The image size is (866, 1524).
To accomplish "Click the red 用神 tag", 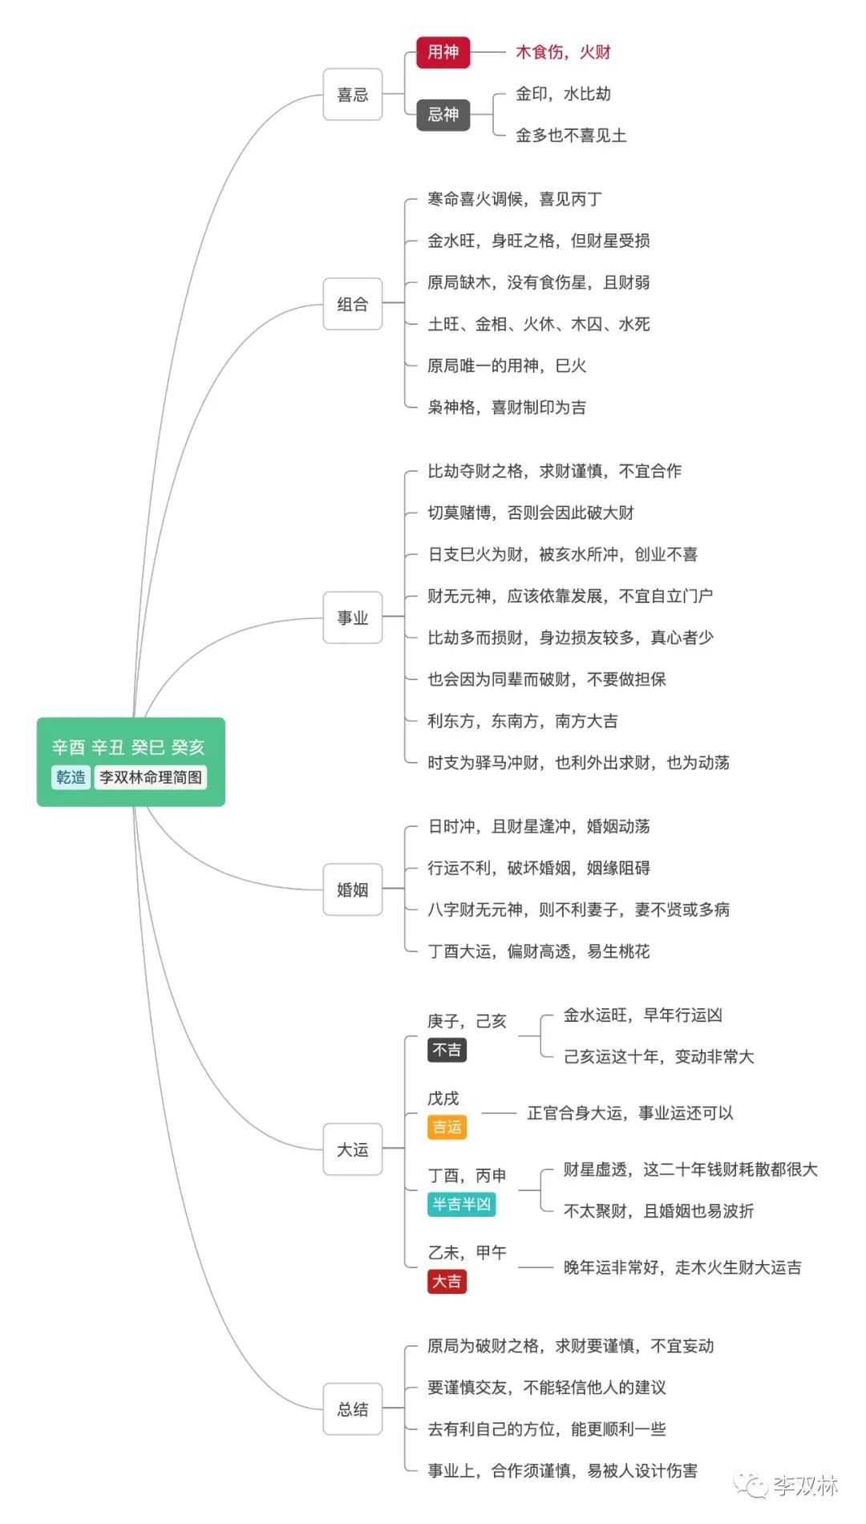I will click(x=443, y=52).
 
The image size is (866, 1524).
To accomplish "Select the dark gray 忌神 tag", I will click(x=443, y=115).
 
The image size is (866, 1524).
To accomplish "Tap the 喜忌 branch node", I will click(x=352, y=95).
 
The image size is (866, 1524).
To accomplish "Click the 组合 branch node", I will click(x=352, y=304).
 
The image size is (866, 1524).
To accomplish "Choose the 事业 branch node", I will click(x=352, y=618).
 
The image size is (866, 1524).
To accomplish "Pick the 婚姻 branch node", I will click(x=352, y=890).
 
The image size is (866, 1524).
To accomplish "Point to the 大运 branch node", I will click(x=352, y=1149).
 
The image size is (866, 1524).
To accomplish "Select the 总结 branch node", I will click(x=352, y=1409).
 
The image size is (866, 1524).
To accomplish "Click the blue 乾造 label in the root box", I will click(x=71, y=777).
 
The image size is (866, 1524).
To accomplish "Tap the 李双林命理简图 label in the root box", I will click(x=151, y=777).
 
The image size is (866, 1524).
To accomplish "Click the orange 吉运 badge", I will click(x=447, y=1127).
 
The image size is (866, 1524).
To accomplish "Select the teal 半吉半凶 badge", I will click(x=461, y=1204).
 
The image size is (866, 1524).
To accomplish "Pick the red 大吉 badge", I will click(x=447, y=1281).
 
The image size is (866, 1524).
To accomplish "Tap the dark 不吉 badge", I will click(x=447, y=1050).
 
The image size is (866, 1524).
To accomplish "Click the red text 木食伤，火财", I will click(x=563, y=52).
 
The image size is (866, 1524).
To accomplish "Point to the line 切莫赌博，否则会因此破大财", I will click(x=531, y=513).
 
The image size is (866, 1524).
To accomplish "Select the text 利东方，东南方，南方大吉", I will click(x=523, y=721).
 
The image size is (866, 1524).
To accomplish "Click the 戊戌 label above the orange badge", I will click(x=443, y=1098).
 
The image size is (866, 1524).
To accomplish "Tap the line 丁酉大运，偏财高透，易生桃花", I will click(x=539, y=951).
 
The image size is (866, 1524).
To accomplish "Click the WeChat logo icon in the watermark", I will click(x=751, y=1485).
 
